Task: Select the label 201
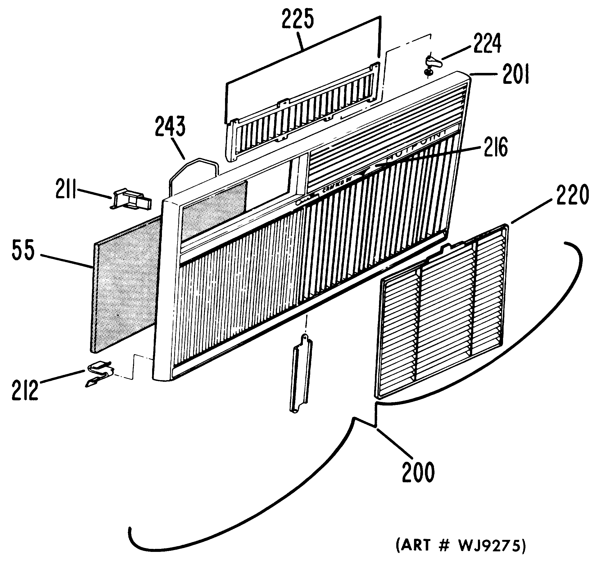(516, 74)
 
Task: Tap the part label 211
(66, 189)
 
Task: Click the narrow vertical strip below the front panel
(301, 373)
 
